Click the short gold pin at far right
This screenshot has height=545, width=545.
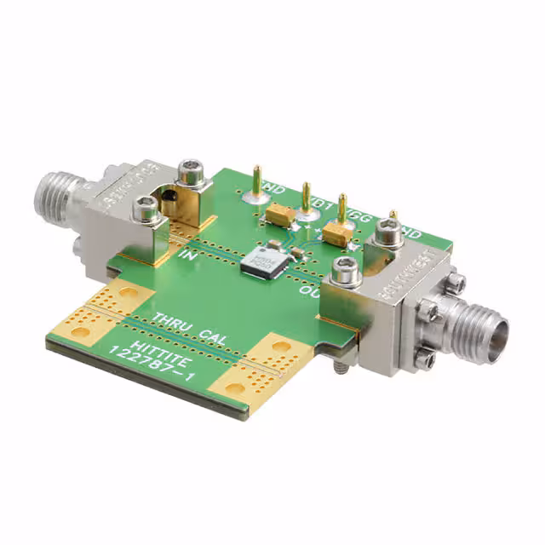(393, 217)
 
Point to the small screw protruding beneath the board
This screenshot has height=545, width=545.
(340, 366)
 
